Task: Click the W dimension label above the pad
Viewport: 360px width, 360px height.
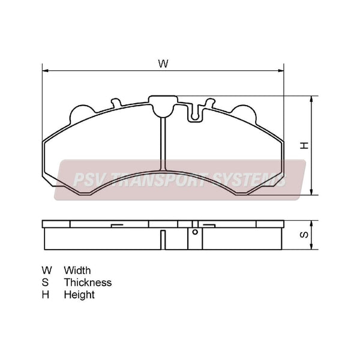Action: (163, 64)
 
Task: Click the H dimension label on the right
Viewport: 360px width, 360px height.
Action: (304, 146)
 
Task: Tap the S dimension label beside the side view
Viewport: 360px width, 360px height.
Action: (304, 235)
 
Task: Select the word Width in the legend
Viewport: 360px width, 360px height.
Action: (77, 271)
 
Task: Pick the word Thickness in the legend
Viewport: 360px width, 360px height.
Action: (88, 283)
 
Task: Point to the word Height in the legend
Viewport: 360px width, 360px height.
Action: (79, 295)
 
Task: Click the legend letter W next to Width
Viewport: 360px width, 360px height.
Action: (47, 271)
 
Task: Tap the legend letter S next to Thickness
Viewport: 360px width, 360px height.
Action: (45, 283)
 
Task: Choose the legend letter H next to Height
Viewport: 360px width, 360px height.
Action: (46, 295)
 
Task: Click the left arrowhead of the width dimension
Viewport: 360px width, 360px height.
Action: (45, 70)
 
